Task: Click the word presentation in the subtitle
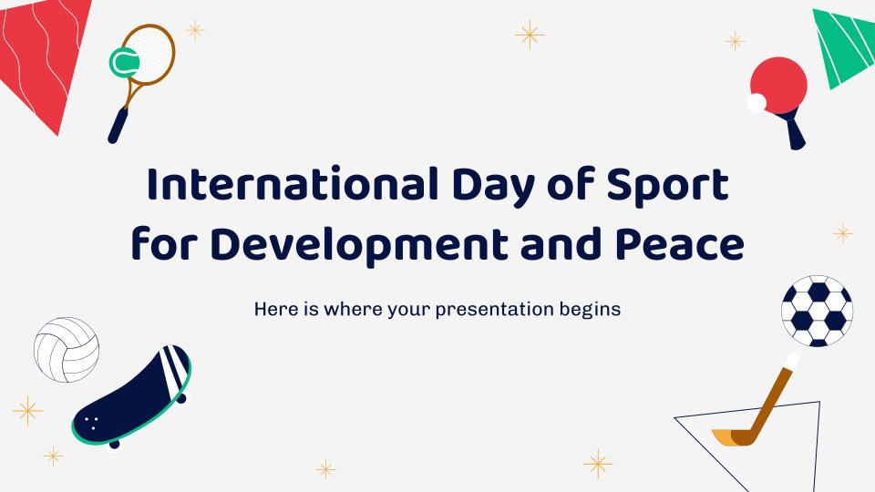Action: click(496, 309)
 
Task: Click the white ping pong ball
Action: click(756, 104)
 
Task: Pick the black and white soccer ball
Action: click(817, 311)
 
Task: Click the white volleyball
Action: click(66, 350)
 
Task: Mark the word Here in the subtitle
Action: click(275, 309)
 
